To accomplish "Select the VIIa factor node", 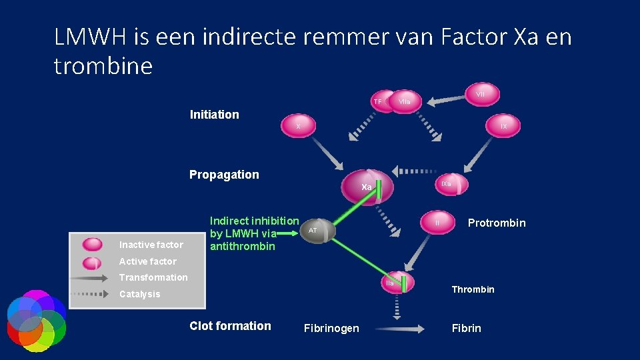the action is pos(405,101).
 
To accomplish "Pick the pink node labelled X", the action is pos(299,126).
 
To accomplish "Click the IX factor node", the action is pos(504,125).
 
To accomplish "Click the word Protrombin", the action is pos(497,223).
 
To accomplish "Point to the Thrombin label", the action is pos(473,289).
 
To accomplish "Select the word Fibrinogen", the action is pos(331,328).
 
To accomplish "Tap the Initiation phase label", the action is pos(214,115).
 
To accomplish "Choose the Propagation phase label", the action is pos(224,175).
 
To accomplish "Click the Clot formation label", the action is pos(230,326).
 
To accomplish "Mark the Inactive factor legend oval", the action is pos(92,245).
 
